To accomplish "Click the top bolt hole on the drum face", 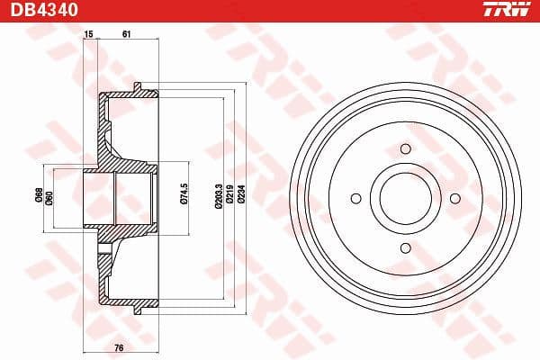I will tap(404, 148).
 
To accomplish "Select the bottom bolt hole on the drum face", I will tap(404, 247).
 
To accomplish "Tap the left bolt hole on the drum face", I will tap(355, 198).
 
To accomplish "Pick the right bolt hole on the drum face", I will tap(454, 198).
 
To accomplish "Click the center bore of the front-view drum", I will tap(404, 198).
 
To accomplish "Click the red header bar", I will tap(270, 10).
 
